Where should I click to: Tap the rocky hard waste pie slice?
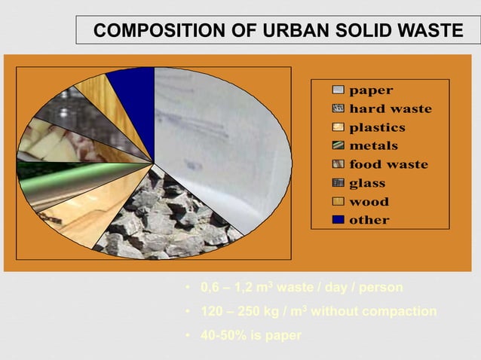click(170, 218)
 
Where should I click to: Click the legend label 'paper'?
click(370, 90)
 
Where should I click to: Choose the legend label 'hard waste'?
click(390, 109)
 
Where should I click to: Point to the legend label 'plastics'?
click(377, 127)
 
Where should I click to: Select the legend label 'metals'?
click(373, 145)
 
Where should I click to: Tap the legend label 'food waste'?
click(388, 164)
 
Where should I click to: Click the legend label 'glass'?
click(367, 183)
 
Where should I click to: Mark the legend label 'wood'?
click(369, 202)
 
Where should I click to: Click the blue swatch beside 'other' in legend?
click(339, 220)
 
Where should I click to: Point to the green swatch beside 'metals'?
click(339, 145)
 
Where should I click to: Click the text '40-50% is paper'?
click(250, 335)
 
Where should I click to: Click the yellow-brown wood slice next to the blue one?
click(98, 98)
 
